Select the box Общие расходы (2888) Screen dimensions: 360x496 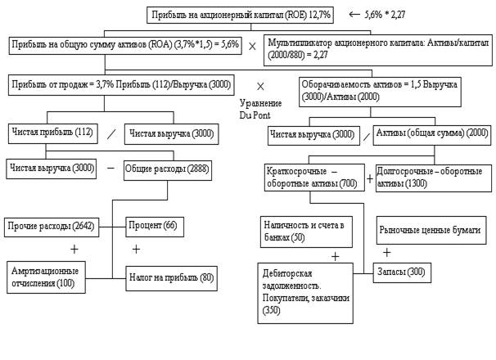163,169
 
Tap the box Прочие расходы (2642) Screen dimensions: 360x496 51,224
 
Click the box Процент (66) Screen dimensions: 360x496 152,224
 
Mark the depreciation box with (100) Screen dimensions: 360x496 52,277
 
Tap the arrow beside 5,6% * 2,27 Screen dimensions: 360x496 354,14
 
